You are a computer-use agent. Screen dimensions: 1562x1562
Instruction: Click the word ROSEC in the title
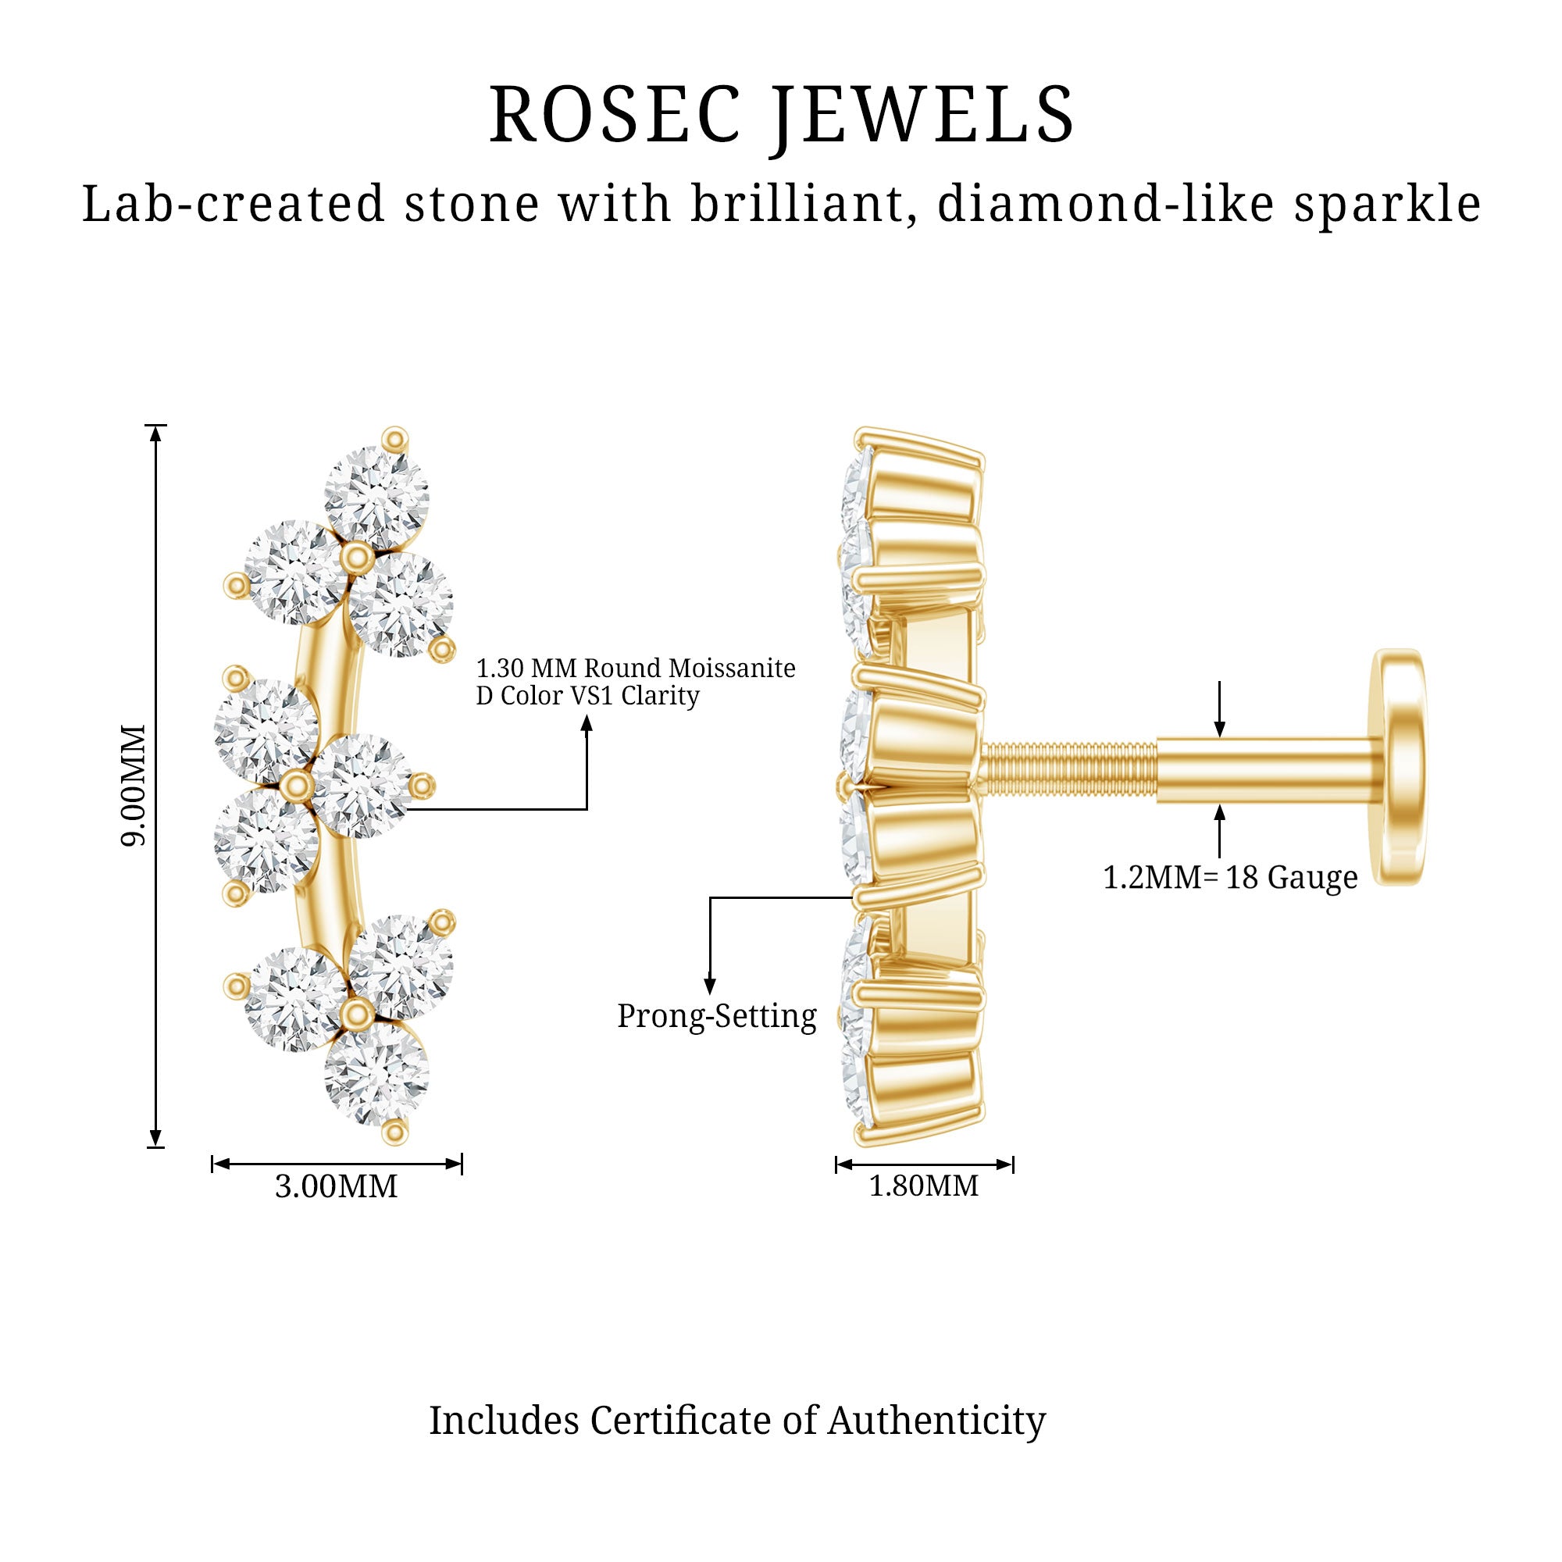coord(615,115)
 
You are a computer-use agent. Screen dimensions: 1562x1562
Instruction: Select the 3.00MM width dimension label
coord(337,1186)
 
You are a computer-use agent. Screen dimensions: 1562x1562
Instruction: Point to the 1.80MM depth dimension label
coord(923,1186)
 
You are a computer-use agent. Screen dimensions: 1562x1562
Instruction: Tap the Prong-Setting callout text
coord(717,1016)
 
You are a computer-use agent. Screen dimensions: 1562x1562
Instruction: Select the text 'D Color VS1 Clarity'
coord(588,696)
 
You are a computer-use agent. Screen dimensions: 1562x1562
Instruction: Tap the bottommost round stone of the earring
coord(376,1074)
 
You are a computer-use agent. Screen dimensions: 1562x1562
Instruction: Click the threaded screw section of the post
coord(1069,772)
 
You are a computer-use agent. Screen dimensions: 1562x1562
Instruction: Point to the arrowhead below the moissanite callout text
coord(587,726)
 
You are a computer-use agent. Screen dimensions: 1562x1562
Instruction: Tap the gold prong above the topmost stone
coord(394,439)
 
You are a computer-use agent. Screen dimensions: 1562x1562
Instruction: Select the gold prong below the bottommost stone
coord(394,1132)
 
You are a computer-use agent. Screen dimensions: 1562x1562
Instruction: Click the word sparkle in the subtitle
coord(1386,205)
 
